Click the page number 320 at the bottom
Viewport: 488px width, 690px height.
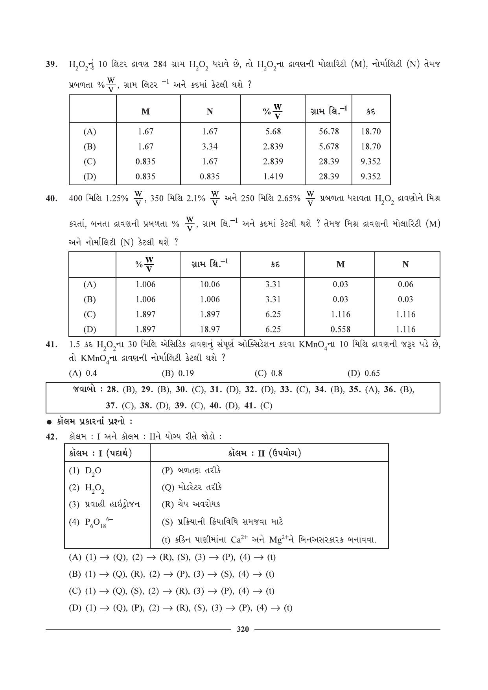point(243,629)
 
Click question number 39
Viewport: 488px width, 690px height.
point(52,64)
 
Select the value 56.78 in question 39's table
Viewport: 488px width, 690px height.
point(328,131)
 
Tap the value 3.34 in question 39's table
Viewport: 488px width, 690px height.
point(210,146)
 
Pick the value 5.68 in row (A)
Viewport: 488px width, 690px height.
point(273,131)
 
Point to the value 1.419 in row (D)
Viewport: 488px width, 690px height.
point(273,176)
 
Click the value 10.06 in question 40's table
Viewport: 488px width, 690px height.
point(210,284)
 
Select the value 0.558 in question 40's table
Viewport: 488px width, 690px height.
point(340,329)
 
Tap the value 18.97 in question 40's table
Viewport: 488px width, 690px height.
point(210,329)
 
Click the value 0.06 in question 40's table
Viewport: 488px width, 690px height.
point(405,284)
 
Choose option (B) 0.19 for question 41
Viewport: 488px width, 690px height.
point(178,373)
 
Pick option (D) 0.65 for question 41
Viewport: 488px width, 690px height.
point(364,373)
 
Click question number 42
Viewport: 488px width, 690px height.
point(52,437)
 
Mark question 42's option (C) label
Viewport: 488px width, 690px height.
point(75,591)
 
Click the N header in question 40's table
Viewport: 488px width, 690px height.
point(405,264)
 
